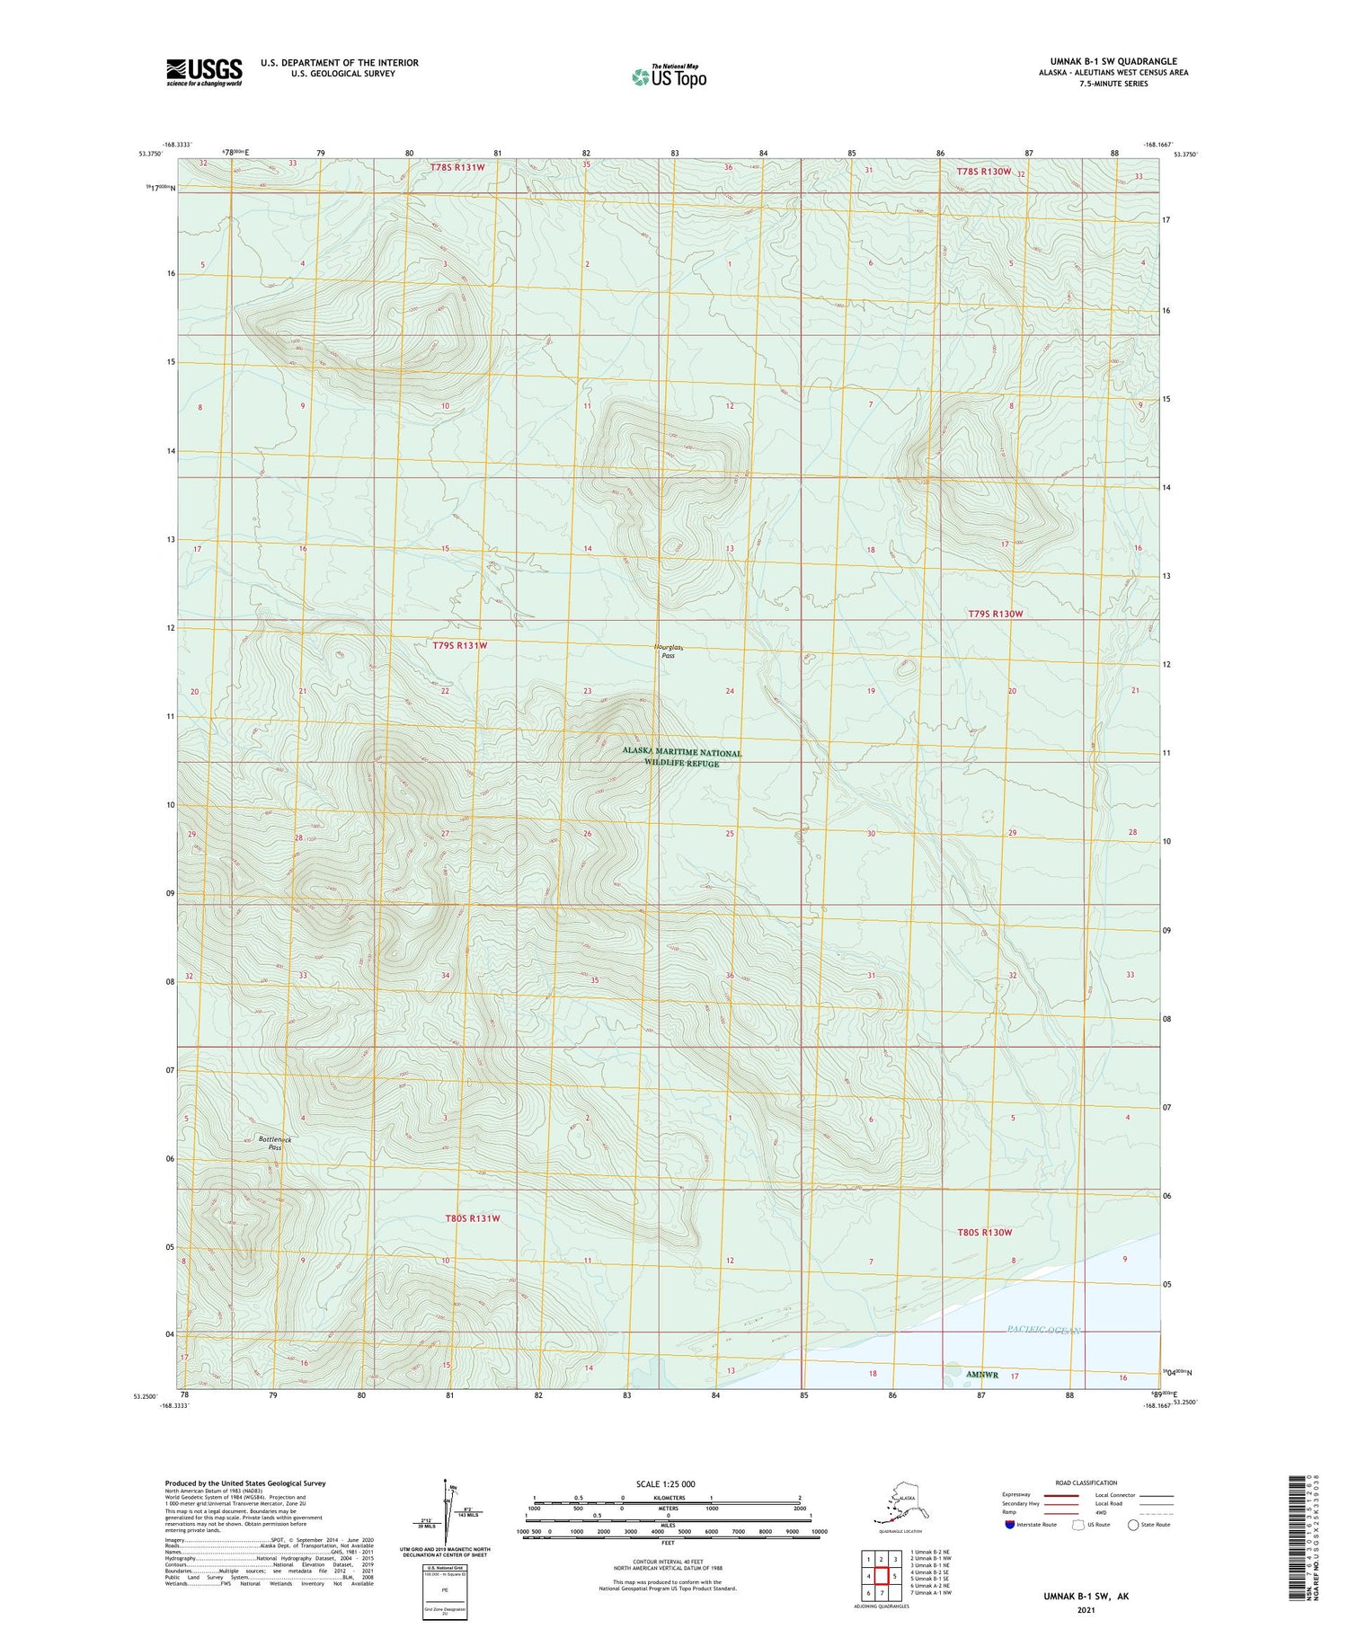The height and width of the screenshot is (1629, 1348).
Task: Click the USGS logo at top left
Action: tap(204, 72)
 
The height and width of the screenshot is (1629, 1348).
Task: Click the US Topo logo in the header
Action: tap(669, 76)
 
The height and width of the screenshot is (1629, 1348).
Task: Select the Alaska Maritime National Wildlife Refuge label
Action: tap(682, 757)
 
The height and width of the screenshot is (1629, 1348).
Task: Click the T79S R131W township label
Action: tap(459, 645)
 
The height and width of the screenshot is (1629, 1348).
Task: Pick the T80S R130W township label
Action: tap(984, 1232)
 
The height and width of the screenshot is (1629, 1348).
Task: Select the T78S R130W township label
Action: tap(984, 171)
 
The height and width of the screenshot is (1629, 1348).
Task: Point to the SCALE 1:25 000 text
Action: tap(666, 1483)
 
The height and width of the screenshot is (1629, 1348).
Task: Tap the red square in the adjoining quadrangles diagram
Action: tap(882, 1576)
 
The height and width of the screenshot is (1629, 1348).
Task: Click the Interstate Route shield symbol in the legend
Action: tap(1009, 1524)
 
